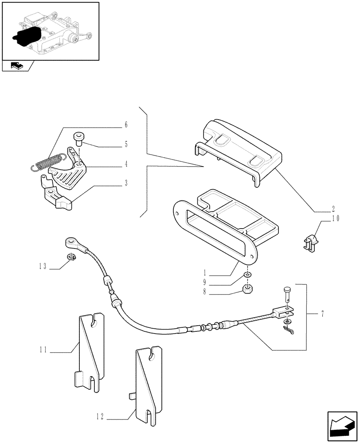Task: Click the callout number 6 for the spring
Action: point(125,125)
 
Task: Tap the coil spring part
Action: point(50,162)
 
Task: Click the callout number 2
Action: point(333,208)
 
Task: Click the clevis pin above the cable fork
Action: point(286,293)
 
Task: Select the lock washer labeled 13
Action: point(70,256)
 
